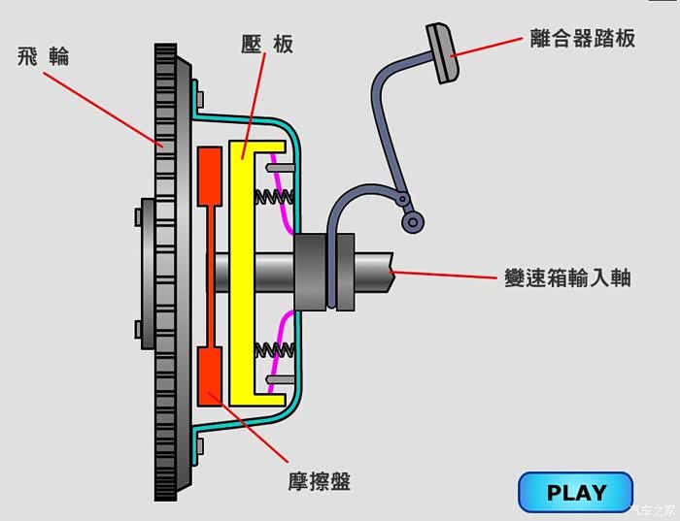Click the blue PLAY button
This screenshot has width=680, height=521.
tap(575, 492)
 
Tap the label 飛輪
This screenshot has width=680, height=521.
tap(44, 56)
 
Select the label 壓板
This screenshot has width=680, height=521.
tap(267, 45)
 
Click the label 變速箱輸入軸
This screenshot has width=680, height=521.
tap(568, 277)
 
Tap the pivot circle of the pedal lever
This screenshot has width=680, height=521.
tap(413, 223)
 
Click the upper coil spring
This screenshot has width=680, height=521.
tap(274, 197)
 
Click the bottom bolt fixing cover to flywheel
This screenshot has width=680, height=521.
tap(200, 445)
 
